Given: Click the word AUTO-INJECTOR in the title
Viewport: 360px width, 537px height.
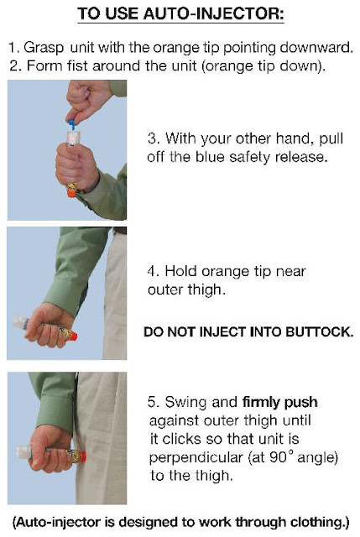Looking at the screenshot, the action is tap(213, 13).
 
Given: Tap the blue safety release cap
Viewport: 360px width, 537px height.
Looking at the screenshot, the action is tap(71, 124).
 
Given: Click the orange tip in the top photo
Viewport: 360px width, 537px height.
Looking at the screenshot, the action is tap(71, 192).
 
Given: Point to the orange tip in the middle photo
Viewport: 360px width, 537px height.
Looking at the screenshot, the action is tap(72, 336).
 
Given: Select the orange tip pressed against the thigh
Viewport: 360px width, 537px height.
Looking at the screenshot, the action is tap(82, 456).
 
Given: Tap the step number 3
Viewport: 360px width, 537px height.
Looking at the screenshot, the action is tap(153, 138).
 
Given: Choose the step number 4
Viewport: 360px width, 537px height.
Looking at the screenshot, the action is tap(153, 271).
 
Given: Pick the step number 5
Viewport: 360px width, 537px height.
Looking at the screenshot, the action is tap(153, 402).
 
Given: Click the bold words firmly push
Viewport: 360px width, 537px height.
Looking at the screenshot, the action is tap(279, 402).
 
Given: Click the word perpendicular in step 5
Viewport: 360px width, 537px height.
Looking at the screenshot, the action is tap(196, 457).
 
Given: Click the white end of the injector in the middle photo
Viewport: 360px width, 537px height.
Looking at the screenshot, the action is tap(20, 323).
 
